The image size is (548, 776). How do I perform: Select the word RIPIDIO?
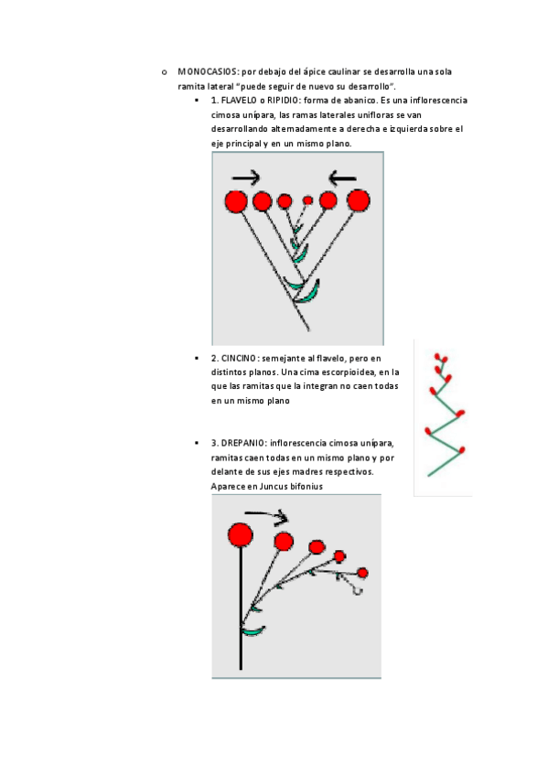[x=283, y=101]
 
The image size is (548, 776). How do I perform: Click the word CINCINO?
[x=239, y=359]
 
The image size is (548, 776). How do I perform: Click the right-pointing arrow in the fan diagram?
[x=246, y=178]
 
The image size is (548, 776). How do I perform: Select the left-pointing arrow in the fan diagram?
[x=342, y=178]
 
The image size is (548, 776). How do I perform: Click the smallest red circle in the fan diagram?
[x=307, y=200]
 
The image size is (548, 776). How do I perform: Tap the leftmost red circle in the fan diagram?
[x=236, y=202]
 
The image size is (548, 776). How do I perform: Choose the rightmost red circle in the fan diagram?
[x=358, y=201]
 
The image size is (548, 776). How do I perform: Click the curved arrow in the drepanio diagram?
[x=267, y=514]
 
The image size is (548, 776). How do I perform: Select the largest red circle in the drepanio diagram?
[x=241, y=535]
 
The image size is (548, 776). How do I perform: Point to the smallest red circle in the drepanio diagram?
[x=362, y=573]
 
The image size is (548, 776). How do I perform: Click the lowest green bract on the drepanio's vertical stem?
[x=253, y=630]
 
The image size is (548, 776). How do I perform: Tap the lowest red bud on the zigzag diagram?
[x=462, y=450]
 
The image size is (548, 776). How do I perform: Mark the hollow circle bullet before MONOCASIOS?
[x=164, y=73]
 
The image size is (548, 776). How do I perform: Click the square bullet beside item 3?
[x=197, y=443]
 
